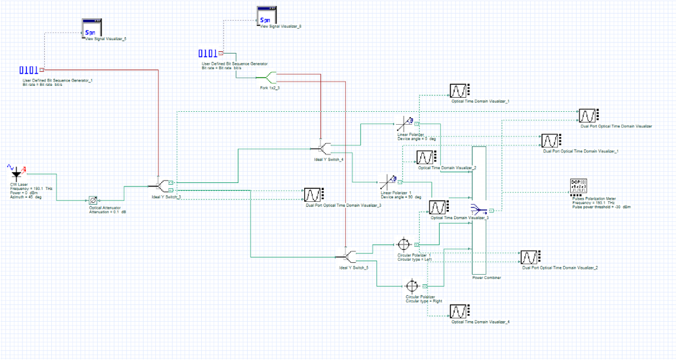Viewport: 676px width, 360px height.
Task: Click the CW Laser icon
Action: tap(16, 173)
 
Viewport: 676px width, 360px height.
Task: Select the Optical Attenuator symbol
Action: tap(92, 200)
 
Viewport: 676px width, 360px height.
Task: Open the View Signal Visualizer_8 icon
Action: tap(267, 16)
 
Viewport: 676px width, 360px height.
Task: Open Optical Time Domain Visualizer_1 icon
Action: tap(459, 91)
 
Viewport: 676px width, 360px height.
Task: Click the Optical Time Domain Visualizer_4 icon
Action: tap(459, 312)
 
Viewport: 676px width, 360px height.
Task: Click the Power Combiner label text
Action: tap(486, 278)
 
